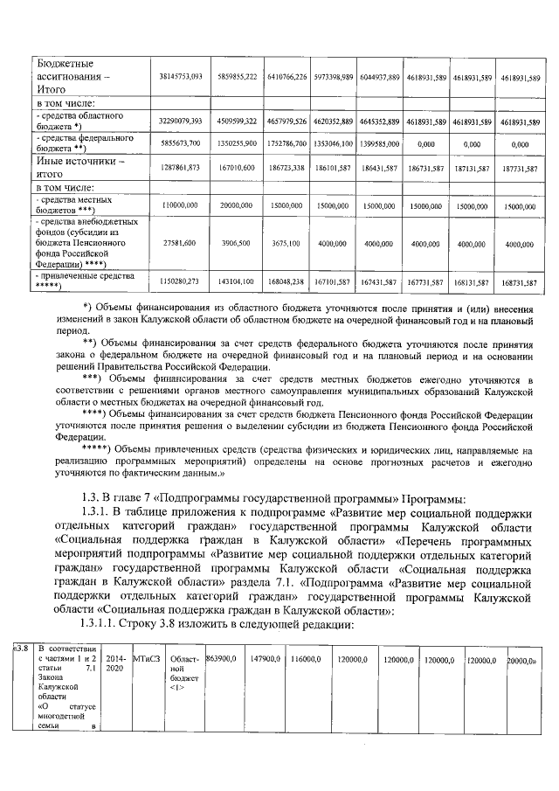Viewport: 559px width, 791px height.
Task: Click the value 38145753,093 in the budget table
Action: click(180, 77)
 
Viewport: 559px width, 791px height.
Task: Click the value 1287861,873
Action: click(182, 166)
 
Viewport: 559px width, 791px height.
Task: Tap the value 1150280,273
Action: click(181, 282)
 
